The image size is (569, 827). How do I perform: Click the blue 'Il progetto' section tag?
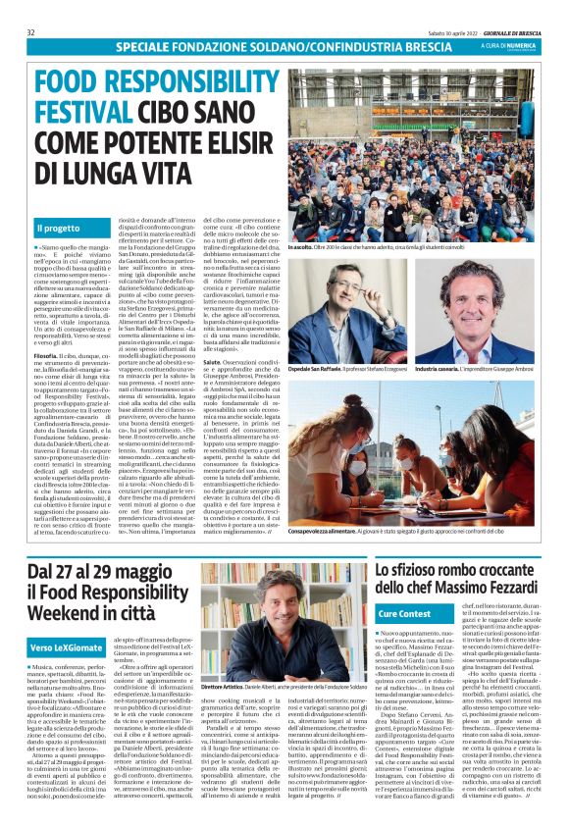click(59, 229)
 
